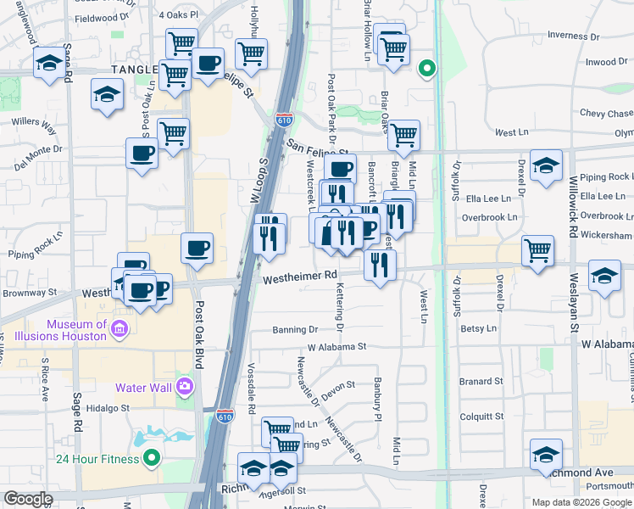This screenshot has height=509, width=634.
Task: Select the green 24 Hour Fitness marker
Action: [x=152, y=459]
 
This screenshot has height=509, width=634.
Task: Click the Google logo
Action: [x=28, y=498]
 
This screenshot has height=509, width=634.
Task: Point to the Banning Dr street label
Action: [x=295, y=329]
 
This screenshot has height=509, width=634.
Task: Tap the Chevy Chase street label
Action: [x=605, y=114]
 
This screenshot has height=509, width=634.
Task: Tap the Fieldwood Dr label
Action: [x=103, y=16]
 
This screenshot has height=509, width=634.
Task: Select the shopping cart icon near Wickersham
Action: [x=538, y=250]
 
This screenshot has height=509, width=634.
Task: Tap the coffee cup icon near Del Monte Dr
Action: [x=142, y=153]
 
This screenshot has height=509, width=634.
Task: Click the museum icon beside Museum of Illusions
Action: [x=120, y=329]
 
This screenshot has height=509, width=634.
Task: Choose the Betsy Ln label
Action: [x=478, y=327]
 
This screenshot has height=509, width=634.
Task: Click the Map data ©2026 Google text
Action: [x=581, y=501]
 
